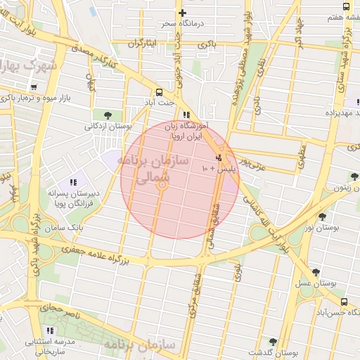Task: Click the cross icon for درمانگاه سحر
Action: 183,13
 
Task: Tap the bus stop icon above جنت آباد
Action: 159,91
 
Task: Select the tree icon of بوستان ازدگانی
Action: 107,115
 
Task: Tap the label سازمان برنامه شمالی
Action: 155,169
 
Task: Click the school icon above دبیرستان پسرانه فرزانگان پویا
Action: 73,183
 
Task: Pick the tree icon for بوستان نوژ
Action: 322,217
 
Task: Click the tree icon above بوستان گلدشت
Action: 273,342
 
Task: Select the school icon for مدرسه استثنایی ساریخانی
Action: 49,330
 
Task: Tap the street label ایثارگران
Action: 143,44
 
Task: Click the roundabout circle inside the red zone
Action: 162,185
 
